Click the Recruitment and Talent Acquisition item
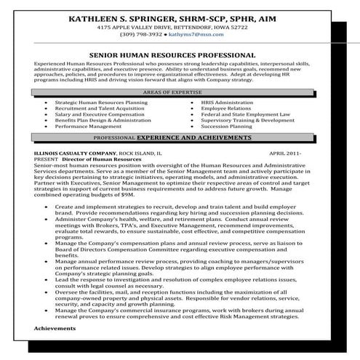pos(99,109)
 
